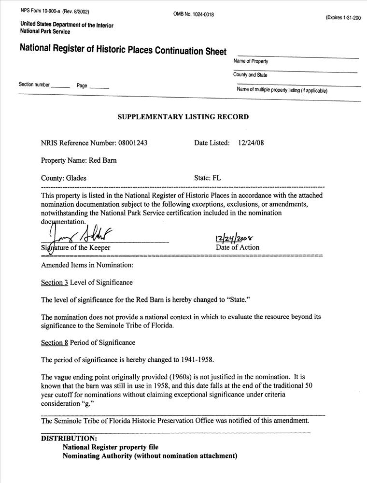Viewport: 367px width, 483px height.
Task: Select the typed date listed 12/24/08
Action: coord(252,143)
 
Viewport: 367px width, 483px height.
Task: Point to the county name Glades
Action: coord(76,178)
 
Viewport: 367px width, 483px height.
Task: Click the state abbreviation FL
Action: coord(216,178)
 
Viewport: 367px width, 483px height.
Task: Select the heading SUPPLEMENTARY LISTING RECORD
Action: coord(183,117)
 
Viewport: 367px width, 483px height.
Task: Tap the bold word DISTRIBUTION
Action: coord(69,438)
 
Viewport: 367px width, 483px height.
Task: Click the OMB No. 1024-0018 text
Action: coord(194,14)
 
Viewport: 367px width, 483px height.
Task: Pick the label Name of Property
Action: coord(251,61)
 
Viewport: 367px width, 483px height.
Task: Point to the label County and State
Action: coord(250,75)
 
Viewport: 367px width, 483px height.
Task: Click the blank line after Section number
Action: coord(60,86)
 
